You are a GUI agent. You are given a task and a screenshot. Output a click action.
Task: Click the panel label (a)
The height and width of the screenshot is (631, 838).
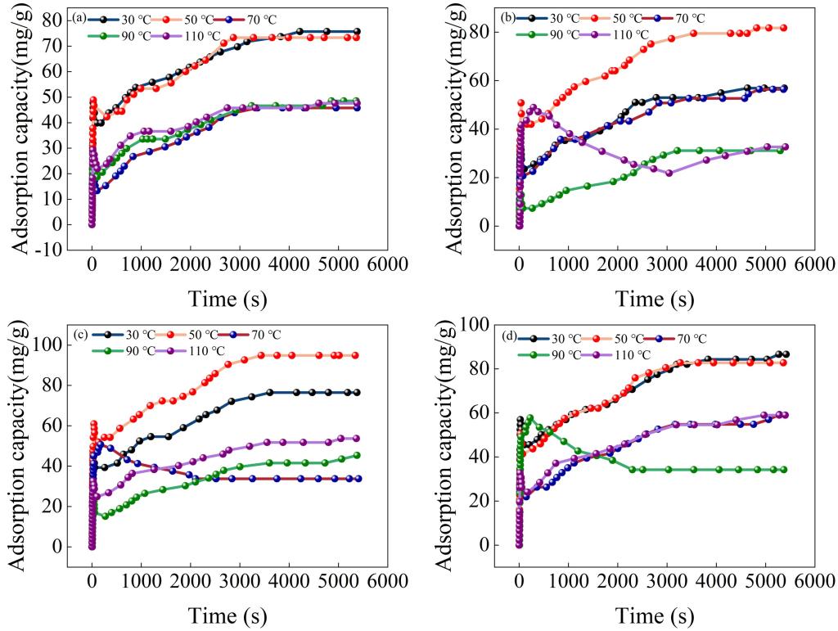80,17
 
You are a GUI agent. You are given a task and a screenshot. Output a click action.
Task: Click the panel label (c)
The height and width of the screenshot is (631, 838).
80,334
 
